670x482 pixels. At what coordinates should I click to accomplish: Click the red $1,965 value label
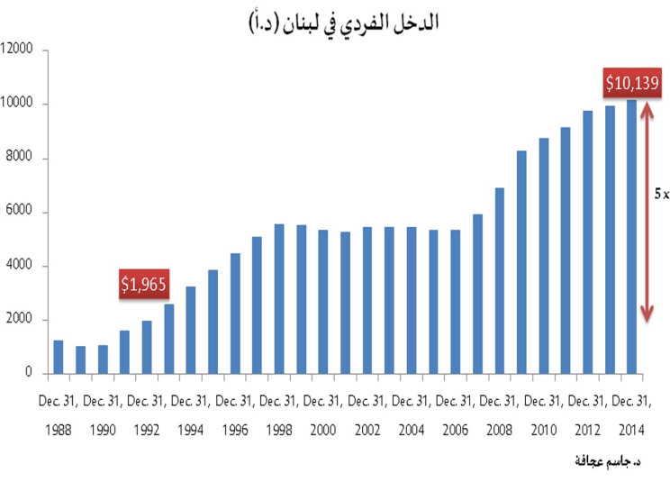coord(145,284)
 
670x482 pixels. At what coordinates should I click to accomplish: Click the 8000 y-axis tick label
coord(21,159)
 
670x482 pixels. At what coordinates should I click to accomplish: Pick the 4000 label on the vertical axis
coord(21,266)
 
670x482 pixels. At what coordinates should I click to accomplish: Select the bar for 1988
coord(59,357)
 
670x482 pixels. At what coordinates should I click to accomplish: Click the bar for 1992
coord(147,347)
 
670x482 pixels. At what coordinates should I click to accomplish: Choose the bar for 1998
coord(279,298)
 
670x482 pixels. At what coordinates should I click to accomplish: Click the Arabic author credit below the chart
coord(606,460)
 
